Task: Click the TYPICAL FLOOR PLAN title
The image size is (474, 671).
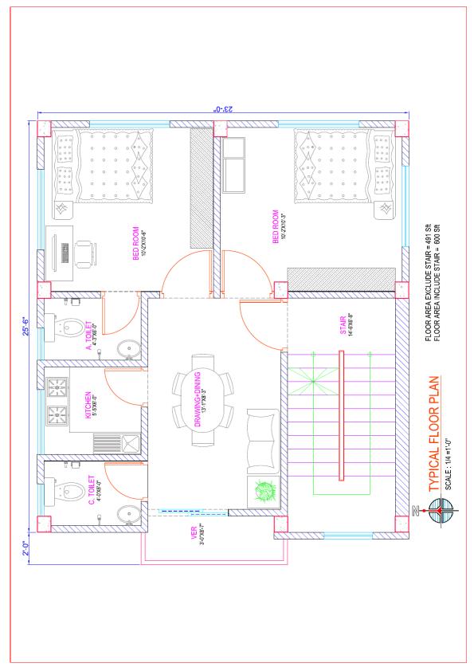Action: pos(434,434)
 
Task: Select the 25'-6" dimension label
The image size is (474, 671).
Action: pos(26,327)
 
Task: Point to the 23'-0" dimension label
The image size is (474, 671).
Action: pos(223,108)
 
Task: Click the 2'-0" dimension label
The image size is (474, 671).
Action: pos(26,548)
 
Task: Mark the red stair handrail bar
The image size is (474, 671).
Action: pos(341,415)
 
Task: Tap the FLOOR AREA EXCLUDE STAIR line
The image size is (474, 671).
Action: pos(428,282)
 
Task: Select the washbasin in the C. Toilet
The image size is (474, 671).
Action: pos(128,516)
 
